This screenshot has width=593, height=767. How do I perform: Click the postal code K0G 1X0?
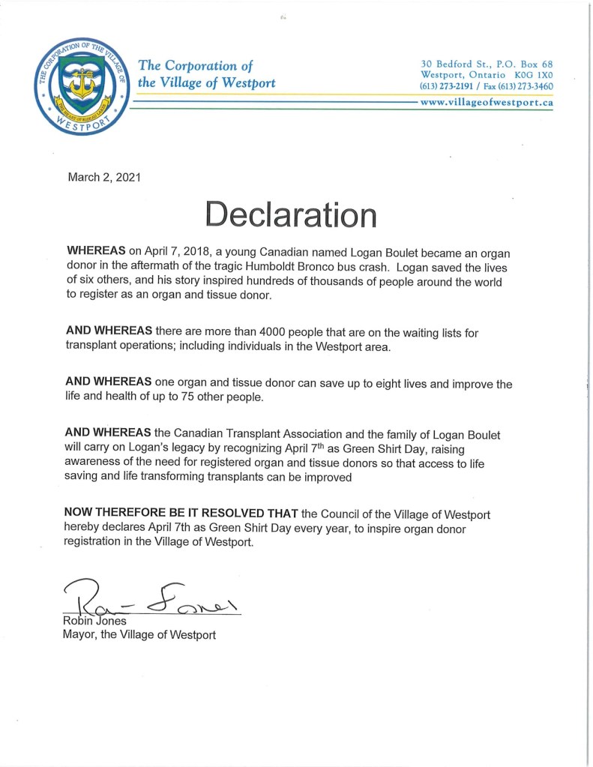coord(532,74)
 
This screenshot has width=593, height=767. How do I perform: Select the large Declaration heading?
coord(291,214)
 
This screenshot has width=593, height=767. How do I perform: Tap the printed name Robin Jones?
coord(94,622)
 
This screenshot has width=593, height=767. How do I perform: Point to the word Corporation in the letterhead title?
coord(204,66)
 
